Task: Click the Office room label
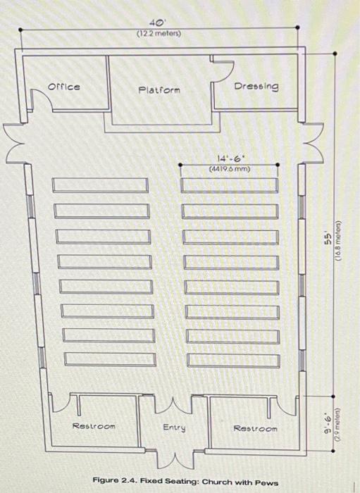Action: click(64, 87)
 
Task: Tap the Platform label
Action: click(159, 90)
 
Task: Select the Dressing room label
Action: click(256, 86)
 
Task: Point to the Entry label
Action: click(174, 428)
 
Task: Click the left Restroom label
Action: click(94, 426)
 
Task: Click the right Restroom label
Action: click(255, 428)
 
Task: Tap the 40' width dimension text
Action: click(158, 23)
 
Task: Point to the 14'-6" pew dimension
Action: click(230, 158)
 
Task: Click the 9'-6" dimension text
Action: click(328, 425)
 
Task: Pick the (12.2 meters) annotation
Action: click(159, 33)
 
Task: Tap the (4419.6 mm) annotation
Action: click(230, 169)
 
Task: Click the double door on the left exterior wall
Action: click(14, 143)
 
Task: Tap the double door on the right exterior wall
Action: click(313, 143)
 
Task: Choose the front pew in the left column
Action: click(100, 185)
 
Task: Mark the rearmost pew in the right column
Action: click(234, 361)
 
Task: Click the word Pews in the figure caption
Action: click(268, 482)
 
